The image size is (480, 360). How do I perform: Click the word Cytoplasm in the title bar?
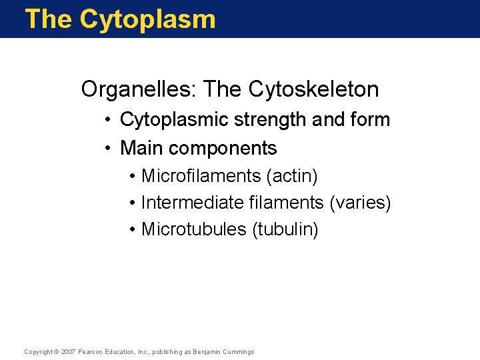coord(147,19)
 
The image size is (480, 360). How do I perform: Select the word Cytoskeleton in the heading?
coord(313,89)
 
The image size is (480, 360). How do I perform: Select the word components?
coord(223,147)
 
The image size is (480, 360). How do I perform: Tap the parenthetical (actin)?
coord(292,176)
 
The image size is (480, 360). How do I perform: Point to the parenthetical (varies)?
coord(361,203)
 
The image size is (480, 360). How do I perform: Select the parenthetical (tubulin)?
coord(285,229)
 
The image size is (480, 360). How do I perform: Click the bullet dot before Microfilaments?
coord(133,177)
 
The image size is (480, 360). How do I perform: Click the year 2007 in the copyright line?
coord(67,351)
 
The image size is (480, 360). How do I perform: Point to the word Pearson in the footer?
coord(89,351)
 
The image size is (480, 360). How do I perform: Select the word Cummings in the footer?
coord(239,351)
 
